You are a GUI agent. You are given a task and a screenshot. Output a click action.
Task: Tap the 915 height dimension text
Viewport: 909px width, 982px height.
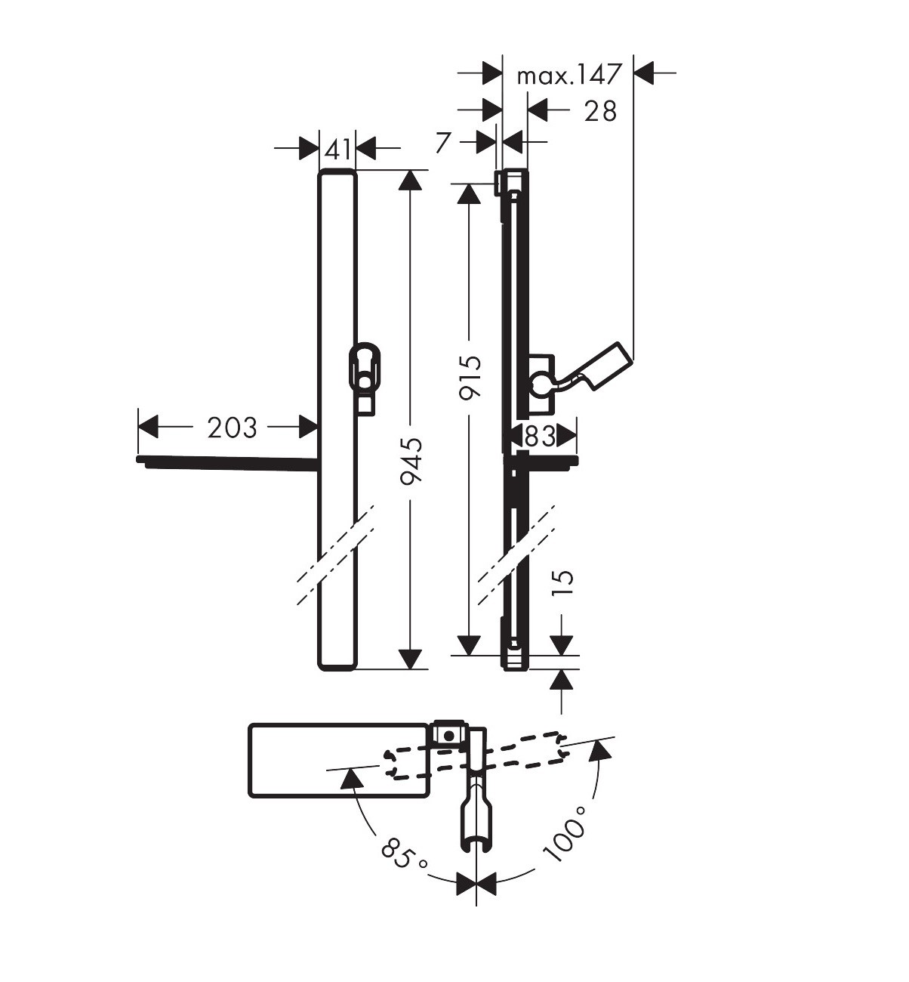pos(470,377)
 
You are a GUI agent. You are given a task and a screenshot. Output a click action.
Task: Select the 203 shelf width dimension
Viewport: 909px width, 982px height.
pos(232,428)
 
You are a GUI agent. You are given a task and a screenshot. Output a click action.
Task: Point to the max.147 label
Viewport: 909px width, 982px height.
pos(569,75)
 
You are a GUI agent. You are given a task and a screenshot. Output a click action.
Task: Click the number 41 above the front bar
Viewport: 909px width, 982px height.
pos(337,149)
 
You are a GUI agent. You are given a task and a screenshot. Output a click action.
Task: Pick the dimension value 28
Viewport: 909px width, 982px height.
pos(600,111)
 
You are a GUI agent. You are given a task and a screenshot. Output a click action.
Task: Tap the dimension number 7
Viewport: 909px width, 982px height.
pos(443,143)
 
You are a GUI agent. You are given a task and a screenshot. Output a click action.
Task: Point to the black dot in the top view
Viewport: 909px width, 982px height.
pos(448,735)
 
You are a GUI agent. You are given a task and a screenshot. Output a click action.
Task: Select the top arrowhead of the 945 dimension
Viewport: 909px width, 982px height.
pos(411,180)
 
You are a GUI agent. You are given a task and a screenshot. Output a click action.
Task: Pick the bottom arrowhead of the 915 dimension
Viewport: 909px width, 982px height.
pos(469,646)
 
